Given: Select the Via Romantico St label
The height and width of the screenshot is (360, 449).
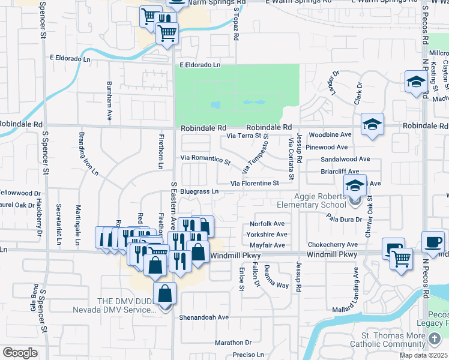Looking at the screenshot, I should pyautogui.click(x=206, y=160).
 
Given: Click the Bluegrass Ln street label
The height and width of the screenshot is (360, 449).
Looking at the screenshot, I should pyautogui.click(x=199, y=191).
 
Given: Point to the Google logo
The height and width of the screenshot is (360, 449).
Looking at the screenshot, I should pyautogui.click(x=20, y=352).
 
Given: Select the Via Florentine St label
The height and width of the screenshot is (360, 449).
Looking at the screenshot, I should pyautogui.click(x=256, y=183).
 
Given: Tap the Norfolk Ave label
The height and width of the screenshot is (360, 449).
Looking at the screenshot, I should pyautogui.click(x=267, y=224).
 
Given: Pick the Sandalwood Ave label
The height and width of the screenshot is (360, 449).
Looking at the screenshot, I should pyautogui.click(x=345, y=159).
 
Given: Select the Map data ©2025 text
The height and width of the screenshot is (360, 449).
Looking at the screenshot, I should pyautogui.click(x=424, y=355).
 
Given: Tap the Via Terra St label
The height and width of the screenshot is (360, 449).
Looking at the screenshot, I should pyautogui.click(x=246, y=136).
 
